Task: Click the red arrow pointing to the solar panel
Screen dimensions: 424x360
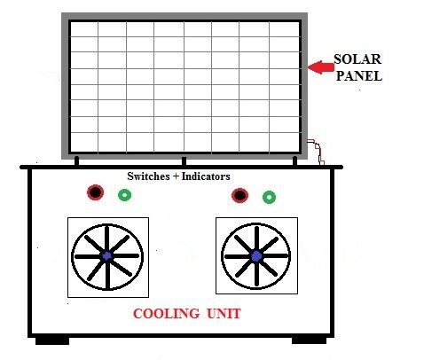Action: pyautogui.click(x=321, y=67)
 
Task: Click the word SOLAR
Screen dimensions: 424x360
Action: pyautogui.click(x=357, y=59)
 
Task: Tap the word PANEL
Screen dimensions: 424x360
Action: pyautogui.click(x=359, y=76)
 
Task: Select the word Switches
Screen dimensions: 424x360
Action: pyautogui.click(x=148, y=176)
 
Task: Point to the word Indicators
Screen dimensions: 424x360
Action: pyautogui.click(x=206, y=176)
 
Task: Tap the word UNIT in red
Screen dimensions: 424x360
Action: pyautogui.click(x=224, y=314)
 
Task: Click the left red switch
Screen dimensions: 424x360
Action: pyautogui.click(x=95, y=192)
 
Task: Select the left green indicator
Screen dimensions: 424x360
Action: pyautogui.click(x=124, y=195)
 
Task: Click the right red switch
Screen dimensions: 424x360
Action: pyautogui.click(x=239, y=195)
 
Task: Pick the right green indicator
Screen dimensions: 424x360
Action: pyautogui.click(x=269, y=197)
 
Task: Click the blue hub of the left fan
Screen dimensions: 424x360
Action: pyautogui.click(x=107, y=256)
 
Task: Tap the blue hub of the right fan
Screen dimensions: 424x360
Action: pyautogui.click(x=256, y=256)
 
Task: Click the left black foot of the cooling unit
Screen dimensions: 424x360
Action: pyautogui.click(x=52, y=340)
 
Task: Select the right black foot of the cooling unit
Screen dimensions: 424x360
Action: pyautogui.click(x=309, y=340)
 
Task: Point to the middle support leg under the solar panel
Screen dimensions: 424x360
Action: pyautogui.click(x=184, y=161)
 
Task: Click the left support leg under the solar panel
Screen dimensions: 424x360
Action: pyautogui.click(x=77, y=161)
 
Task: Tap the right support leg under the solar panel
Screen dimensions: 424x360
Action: pyautogui.click(x=294, y=161)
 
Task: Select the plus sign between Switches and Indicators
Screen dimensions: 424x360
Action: pyautogui.click(x=176, y=176)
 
